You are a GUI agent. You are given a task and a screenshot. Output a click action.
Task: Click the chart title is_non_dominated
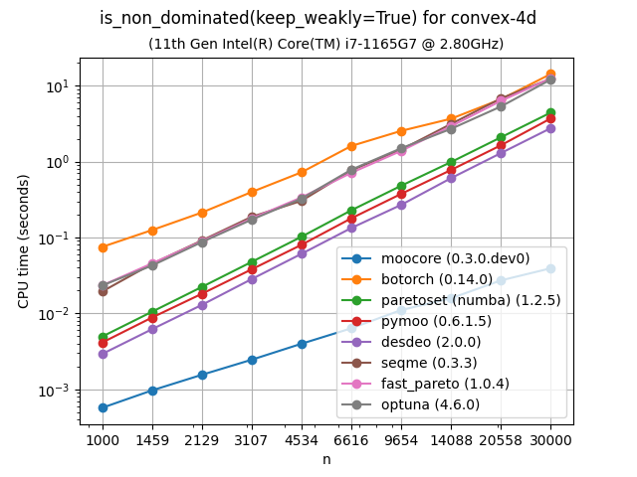(318, 19)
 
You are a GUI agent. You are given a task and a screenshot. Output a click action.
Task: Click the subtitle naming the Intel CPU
(325, 44)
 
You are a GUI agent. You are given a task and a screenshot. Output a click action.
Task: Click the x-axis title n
(326, 459)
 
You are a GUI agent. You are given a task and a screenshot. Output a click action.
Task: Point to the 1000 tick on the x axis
(103, 439)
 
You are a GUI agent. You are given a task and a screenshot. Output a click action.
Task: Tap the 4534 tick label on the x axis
(302, 439)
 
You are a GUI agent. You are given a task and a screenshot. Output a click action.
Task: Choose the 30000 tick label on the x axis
(550, 439)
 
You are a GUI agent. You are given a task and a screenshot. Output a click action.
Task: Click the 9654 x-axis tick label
(401, 439)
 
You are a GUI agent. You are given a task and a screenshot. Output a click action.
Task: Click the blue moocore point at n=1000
(103, 407)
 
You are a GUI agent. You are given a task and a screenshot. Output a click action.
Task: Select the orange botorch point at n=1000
(103, 247)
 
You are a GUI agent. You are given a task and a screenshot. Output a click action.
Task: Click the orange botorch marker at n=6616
(351, 146)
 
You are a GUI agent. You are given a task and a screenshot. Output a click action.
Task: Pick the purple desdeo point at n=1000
(103, 354)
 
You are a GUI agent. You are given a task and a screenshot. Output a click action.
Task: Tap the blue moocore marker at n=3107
(252, 360)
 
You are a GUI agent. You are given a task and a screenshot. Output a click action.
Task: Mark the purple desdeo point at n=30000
(550, 128)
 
